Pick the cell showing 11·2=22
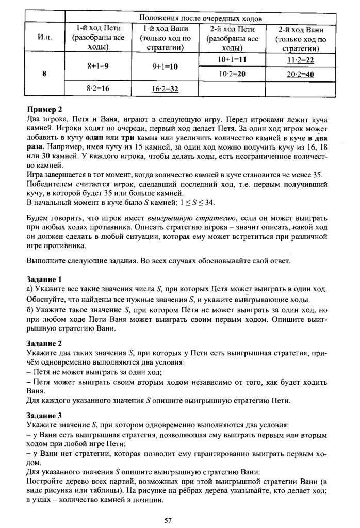300,60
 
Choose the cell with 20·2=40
300,74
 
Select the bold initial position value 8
45,74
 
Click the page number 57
168,520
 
